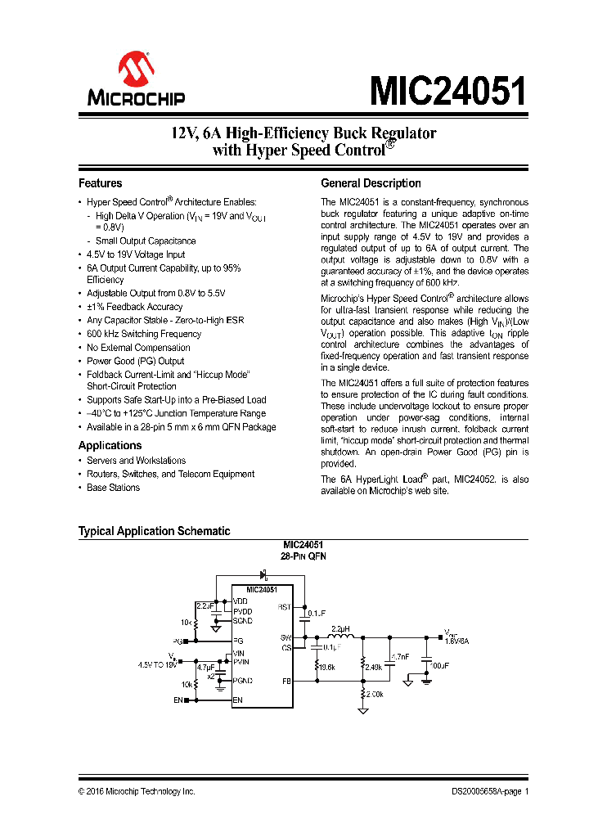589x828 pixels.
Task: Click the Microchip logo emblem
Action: tap(136, 70)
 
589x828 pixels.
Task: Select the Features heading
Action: tap(100, 183)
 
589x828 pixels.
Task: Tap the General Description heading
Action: tap(371, 183)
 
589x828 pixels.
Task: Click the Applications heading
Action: tap(110, 445)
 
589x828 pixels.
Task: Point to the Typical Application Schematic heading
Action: tap(154, 531)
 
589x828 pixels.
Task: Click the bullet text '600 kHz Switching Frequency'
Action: tap(144, 334)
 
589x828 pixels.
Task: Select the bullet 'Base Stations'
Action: tap(113, 488)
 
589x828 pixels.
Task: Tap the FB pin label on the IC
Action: tap(286, 680)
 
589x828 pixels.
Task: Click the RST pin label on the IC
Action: tap(285, 607)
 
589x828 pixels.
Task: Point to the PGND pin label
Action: tap(243, 680)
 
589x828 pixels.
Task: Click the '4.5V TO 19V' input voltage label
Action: tap(157, 665)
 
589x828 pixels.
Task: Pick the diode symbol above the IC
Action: tap(263, 575)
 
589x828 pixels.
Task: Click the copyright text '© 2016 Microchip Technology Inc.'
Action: tap(137, 792)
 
